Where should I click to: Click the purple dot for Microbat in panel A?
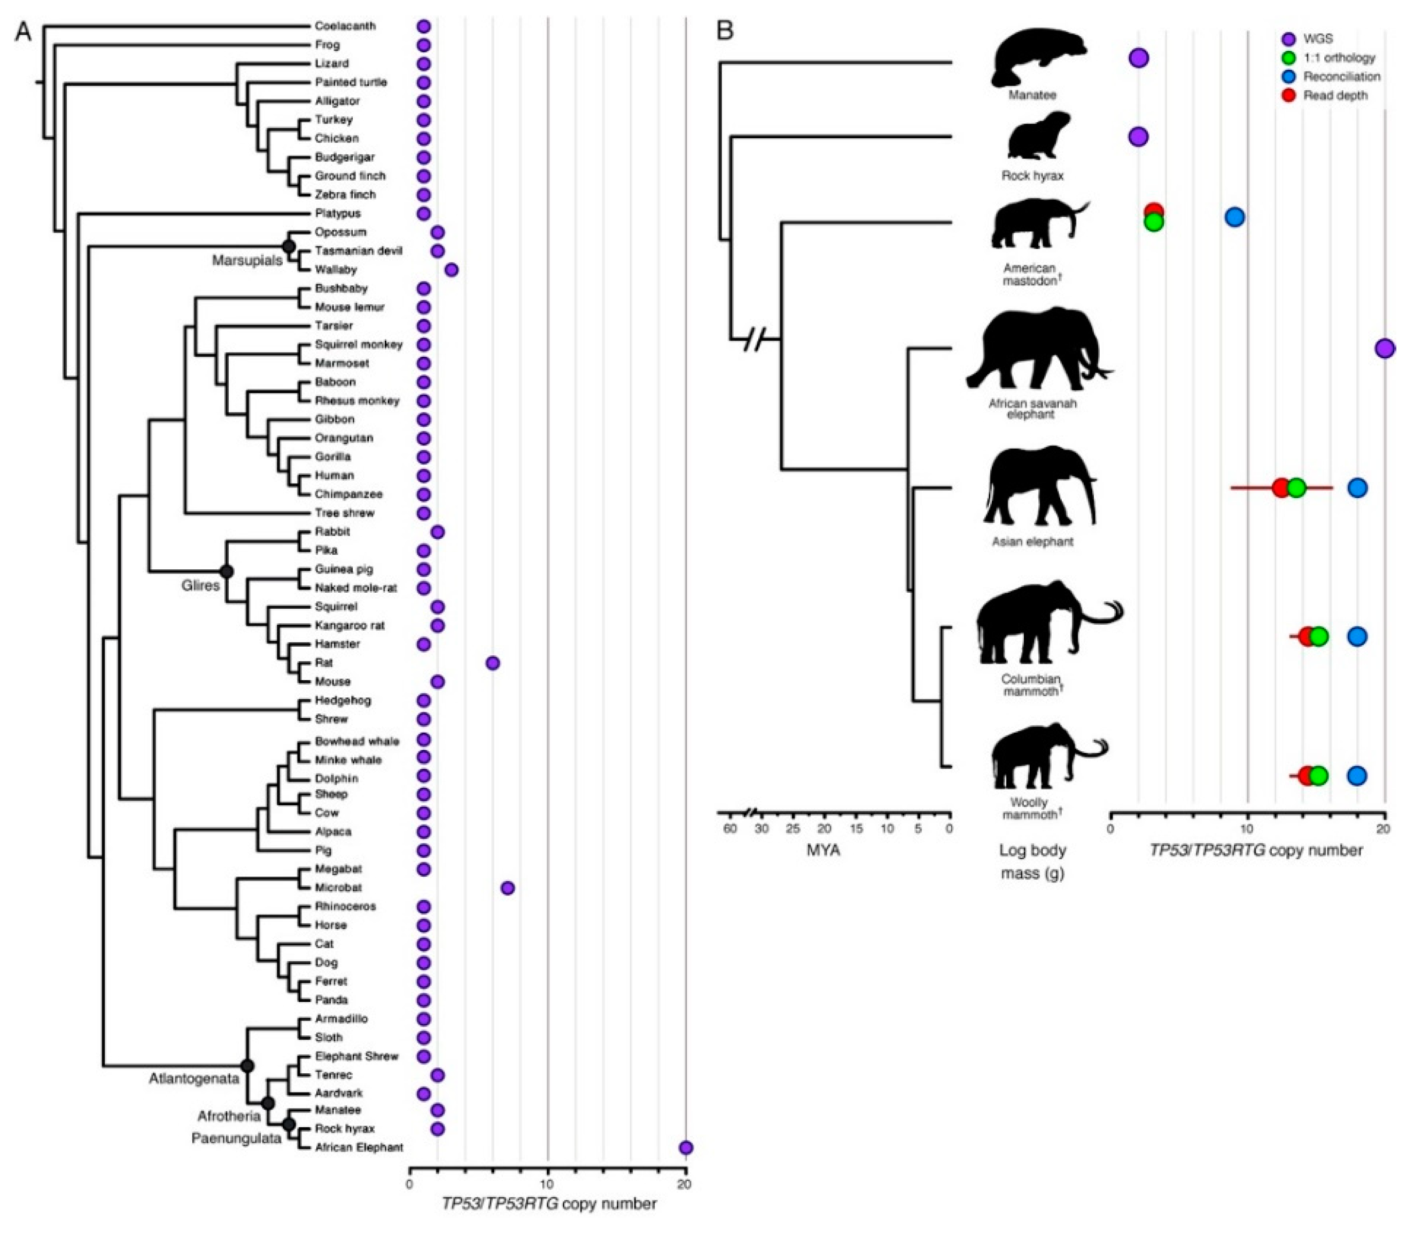tap(507, 888)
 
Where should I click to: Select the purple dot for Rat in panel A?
tap(492, 663)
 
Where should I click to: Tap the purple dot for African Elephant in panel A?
tap(686, 1148)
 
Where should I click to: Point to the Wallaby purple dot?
tap(452, 270)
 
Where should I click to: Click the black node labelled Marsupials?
tap(289, 246)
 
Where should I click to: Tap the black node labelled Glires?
tap(227, 571)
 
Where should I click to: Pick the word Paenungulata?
tap(236, 1138)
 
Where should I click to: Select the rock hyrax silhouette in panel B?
tap(1038, 137)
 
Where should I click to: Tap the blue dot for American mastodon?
tap(1235, 217)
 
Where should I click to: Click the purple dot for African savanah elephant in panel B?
tap(1385, 349)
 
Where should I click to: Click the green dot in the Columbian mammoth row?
tap(1318, 637)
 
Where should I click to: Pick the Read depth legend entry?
tap(1335, 96)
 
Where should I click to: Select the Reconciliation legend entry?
tap(1341, 76)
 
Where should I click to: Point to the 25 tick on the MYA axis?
tap(793, 829)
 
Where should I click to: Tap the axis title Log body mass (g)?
tap(1032, 862)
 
